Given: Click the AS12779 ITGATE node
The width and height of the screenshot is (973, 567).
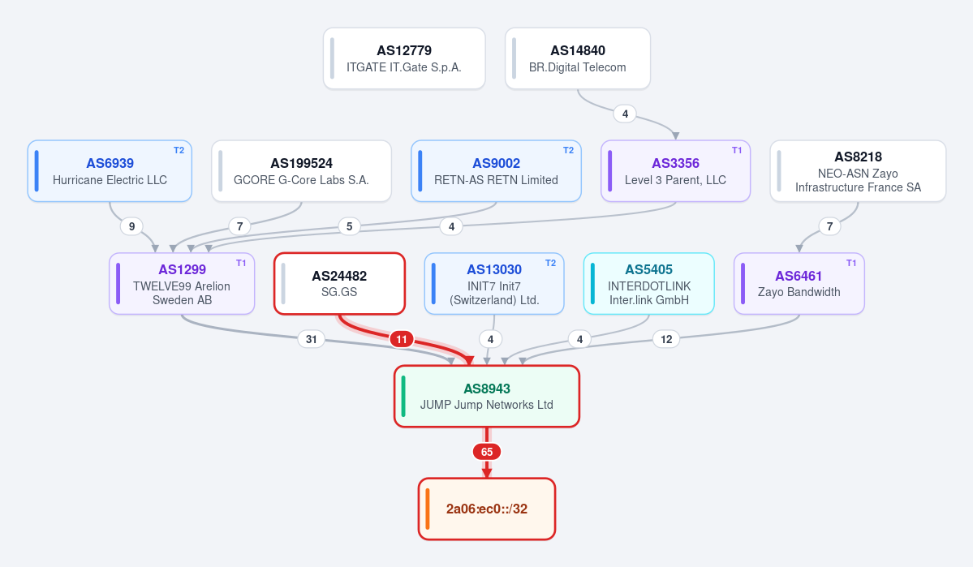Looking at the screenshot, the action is point(404,58).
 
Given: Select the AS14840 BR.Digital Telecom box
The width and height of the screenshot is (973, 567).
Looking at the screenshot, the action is point(578,58).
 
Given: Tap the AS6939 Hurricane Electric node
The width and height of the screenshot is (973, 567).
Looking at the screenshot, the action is point(110,171).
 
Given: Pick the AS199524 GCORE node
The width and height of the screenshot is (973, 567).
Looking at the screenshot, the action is point(302,171).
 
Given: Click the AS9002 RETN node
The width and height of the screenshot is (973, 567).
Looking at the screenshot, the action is point(497,171).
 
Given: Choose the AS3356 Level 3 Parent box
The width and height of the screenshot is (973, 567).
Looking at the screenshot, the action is point(676,171).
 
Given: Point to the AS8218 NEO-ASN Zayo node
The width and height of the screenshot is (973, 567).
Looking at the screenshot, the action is point(859,171).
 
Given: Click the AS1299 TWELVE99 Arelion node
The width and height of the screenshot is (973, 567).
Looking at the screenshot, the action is point(182,284).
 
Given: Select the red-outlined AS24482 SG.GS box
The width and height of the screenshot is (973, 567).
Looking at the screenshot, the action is point(339,284).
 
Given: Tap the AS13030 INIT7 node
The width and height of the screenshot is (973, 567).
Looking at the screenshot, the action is point(494,284).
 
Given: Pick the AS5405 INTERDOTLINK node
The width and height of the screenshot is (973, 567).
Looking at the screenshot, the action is point(649,284).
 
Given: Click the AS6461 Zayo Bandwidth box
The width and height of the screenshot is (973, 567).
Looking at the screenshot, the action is point(799,284).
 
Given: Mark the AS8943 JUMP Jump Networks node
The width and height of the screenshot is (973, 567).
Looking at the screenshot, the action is point(487,397).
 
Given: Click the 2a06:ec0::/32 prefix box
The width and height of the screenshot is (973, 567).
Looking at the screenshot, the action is point(487,509).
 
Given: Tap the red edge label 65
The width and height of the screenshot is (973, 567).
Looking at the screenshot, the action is point(487,453).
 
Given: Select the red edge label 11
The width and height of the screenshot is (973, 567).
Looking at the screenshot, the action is point(402,339).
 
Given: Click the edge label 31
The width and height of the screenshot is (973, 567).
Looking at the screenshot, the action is point(312,339).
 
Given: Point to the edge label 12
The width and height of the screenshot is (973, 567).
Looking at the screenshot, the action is point(666,339).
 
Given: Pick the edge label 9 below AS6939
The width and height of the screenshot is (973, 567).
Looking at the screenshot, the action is point(131,226).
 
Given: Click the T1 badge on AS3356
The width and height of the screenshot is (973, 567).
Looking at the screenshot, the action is point(737,150).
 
